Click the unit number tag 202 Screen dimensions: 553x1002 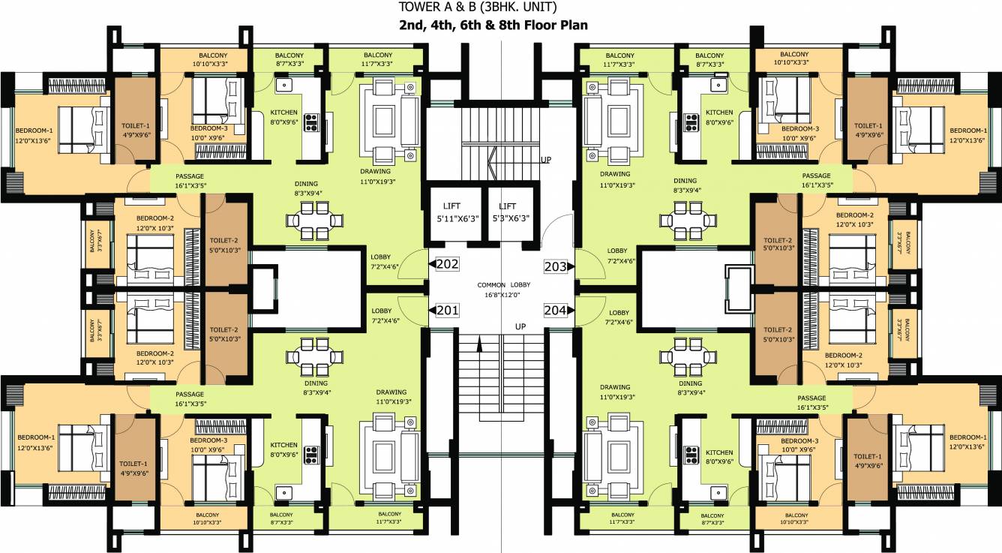pyautogui.click(x=448, y=264)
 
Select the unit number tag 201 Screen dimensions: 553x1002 pyautogui.click(x=448, y=311)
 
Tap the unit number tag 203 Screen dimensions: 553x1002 pyautogui.click(x=555, y=265)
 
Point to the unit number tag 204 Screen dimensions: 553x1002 pyautogui.click(x=555, y=311)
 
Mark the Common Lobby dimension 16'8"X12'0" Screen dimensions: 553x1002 pyautogui.click(x=502, y=295)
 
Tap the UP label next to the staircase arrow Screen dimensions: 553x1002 pyautogui.click(x=546, y=160)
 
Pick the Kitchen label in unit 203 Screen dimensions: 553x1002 pyautogui.click(x=718, y=113)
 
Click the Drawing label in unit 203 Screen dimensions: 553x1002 pyautogui.click(x=614, y=174)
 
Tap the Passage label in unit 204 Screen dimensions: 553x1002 pyautogui.click(x=811, y=398)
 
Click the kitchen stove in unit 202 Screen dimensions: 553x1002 pyautogui.click(x=311, y=122)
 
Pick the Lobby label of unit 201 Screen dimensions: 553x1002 pyautogui.click(x=380, y=311)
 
